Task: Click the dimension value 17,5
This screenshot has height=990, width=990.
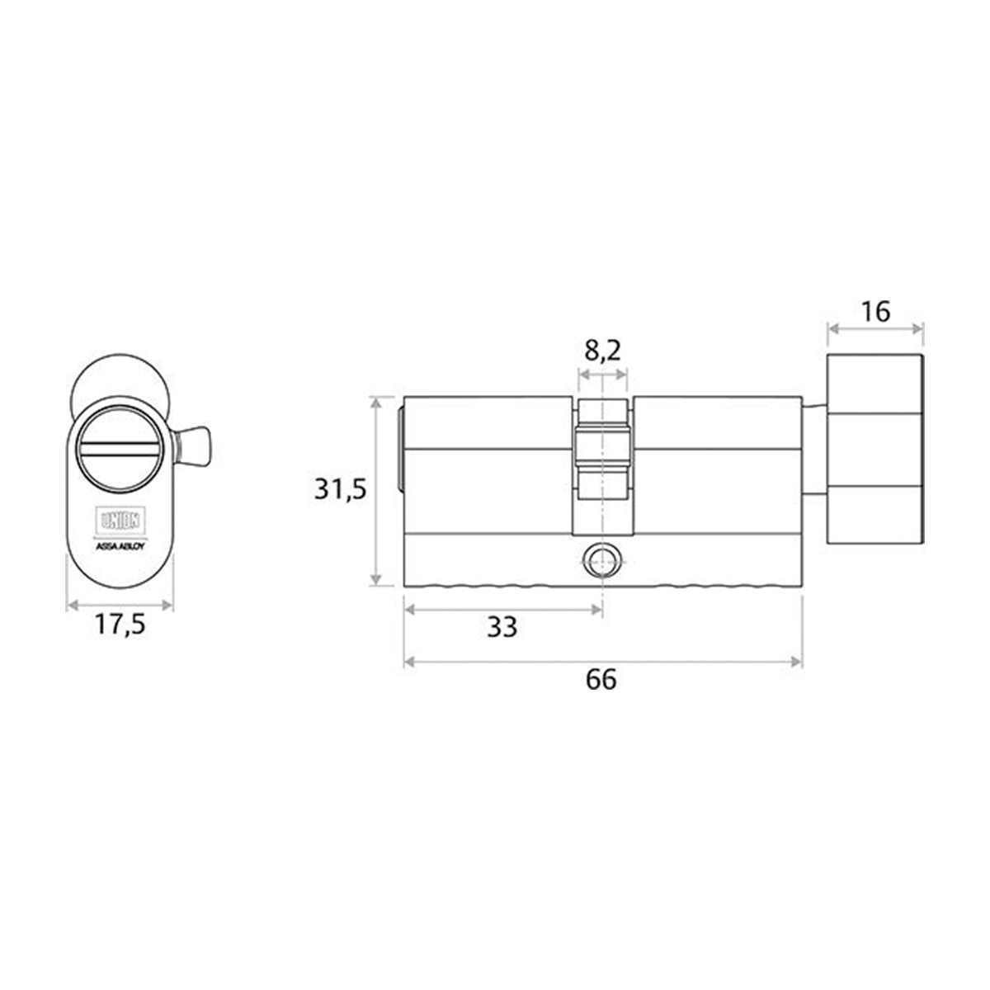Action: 120,625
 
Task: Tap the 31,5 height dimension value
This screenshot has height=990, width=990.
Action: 339,489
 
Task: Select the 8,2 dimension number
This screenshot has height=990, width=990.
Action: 602,351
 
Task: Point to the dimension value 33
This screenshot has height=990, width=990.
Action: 502,627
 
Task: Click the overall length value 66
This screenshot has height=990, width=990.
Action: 601,680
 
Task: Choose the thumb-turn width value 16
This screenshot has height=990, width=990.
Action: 875,312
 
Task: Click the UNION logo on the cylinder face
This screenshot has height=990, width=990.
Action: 120,521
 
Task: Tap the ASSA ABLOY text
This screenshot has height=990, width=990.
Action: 120,545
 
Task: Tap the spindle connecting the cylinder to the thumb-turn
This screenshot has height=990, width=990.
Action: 814,450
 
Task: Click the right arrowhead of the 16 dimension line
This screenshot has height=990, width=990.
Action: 919,329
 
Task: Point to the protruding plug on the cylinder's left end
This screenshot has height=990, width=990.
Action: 401,450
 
